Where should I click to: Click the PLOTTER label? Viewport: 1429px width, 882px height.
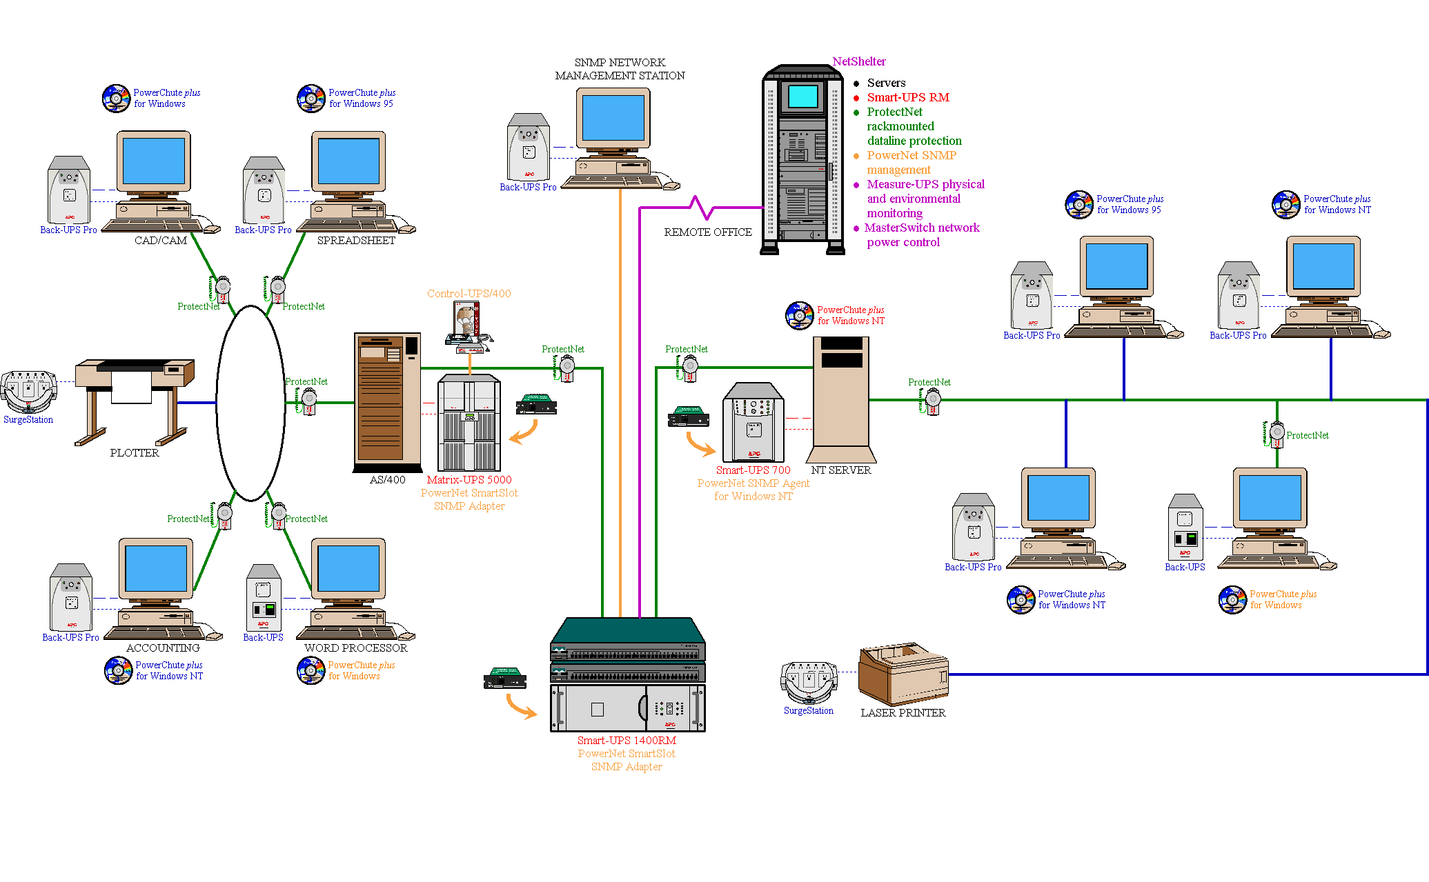pyautogui.click(x=135, y=453)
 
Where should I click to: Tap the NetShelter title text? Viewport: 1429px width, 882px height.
pyautogui.click(x=858, y=62)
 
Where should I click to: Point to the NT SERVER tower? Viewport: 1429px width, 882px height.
pyautogui.click(x=841, y=400)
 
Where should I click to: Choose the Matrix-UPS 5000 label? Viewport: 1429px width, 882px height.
pyautogui.click(x=469, y=480)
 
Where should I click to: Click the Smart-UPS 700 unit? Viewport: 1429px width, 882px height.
pyautogui.click(x=753, y=422)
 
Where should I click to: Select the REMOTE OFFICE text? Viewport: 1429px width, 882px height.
pyautogui.click(x=708, y=232)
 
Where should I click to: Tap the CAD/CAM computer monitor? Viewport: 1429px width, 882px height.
pyautogui.click(x=153, y=163)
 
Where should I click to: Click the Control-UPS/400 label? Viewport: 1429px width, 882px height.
pyautogui.click(x=469, y=294)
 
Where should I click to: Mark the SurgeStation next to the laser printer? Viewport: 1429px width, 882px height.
pyautogui.click(x=809, y=683)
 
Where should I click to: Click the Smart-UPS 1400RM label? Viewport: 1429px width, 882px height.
pyautogui.click(x=627, y=741)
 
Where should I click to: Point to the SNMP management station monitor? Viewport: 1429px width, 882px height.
pyautogui.click(x=613, y=119)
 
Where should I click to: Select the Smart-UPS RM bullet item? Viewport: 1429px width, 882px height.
pyautogui.click(x=908, y=97)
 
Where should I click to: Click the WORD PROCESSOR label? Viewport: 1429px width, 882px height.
pyautogui.click(x=356, y=648)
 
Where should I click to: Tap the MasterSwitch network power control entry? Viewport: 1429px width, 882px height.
pyautogui.click(x=922, y=235)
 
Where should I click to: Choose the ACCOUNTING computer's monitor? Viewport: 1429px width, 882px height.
pyautogui.click(x=155, y=570)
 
